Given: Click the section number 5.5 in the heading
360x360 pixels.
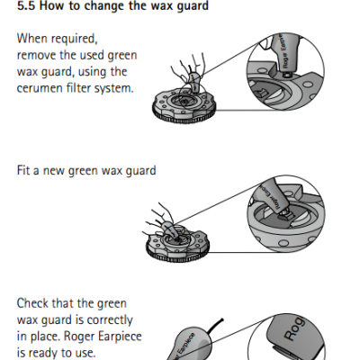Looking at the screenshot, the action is [26, 6].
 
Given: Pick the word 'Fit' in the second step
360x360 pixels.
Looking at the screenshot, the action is [23, 170].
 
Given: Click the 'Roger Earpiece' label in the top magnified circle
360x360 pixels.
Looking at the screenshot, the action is [283, 51].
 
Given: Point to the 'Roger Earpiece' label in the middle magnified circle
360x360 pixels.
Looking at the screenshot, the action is [270, 196].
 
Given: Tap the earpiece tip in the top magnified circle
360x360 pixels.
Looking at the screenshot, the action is [286, 74].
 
